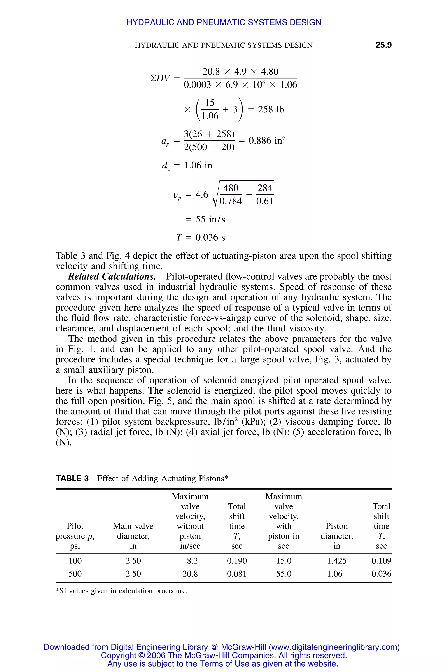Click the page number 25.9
383,45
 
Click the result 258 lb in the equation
271,109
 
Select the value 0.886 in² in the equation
267,141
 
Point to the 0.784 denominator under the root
231,201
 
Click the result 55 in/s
210,219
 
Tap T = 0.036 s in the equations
201,237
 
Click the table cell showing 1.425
337,561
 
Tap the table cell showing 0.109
381,561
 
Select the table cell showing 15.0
283,561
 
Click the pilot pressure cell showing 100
75,561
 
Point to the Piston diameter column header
337,536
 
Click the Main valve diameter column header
133,536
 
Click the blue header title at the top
224,22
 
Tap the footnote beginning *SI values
121,591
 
